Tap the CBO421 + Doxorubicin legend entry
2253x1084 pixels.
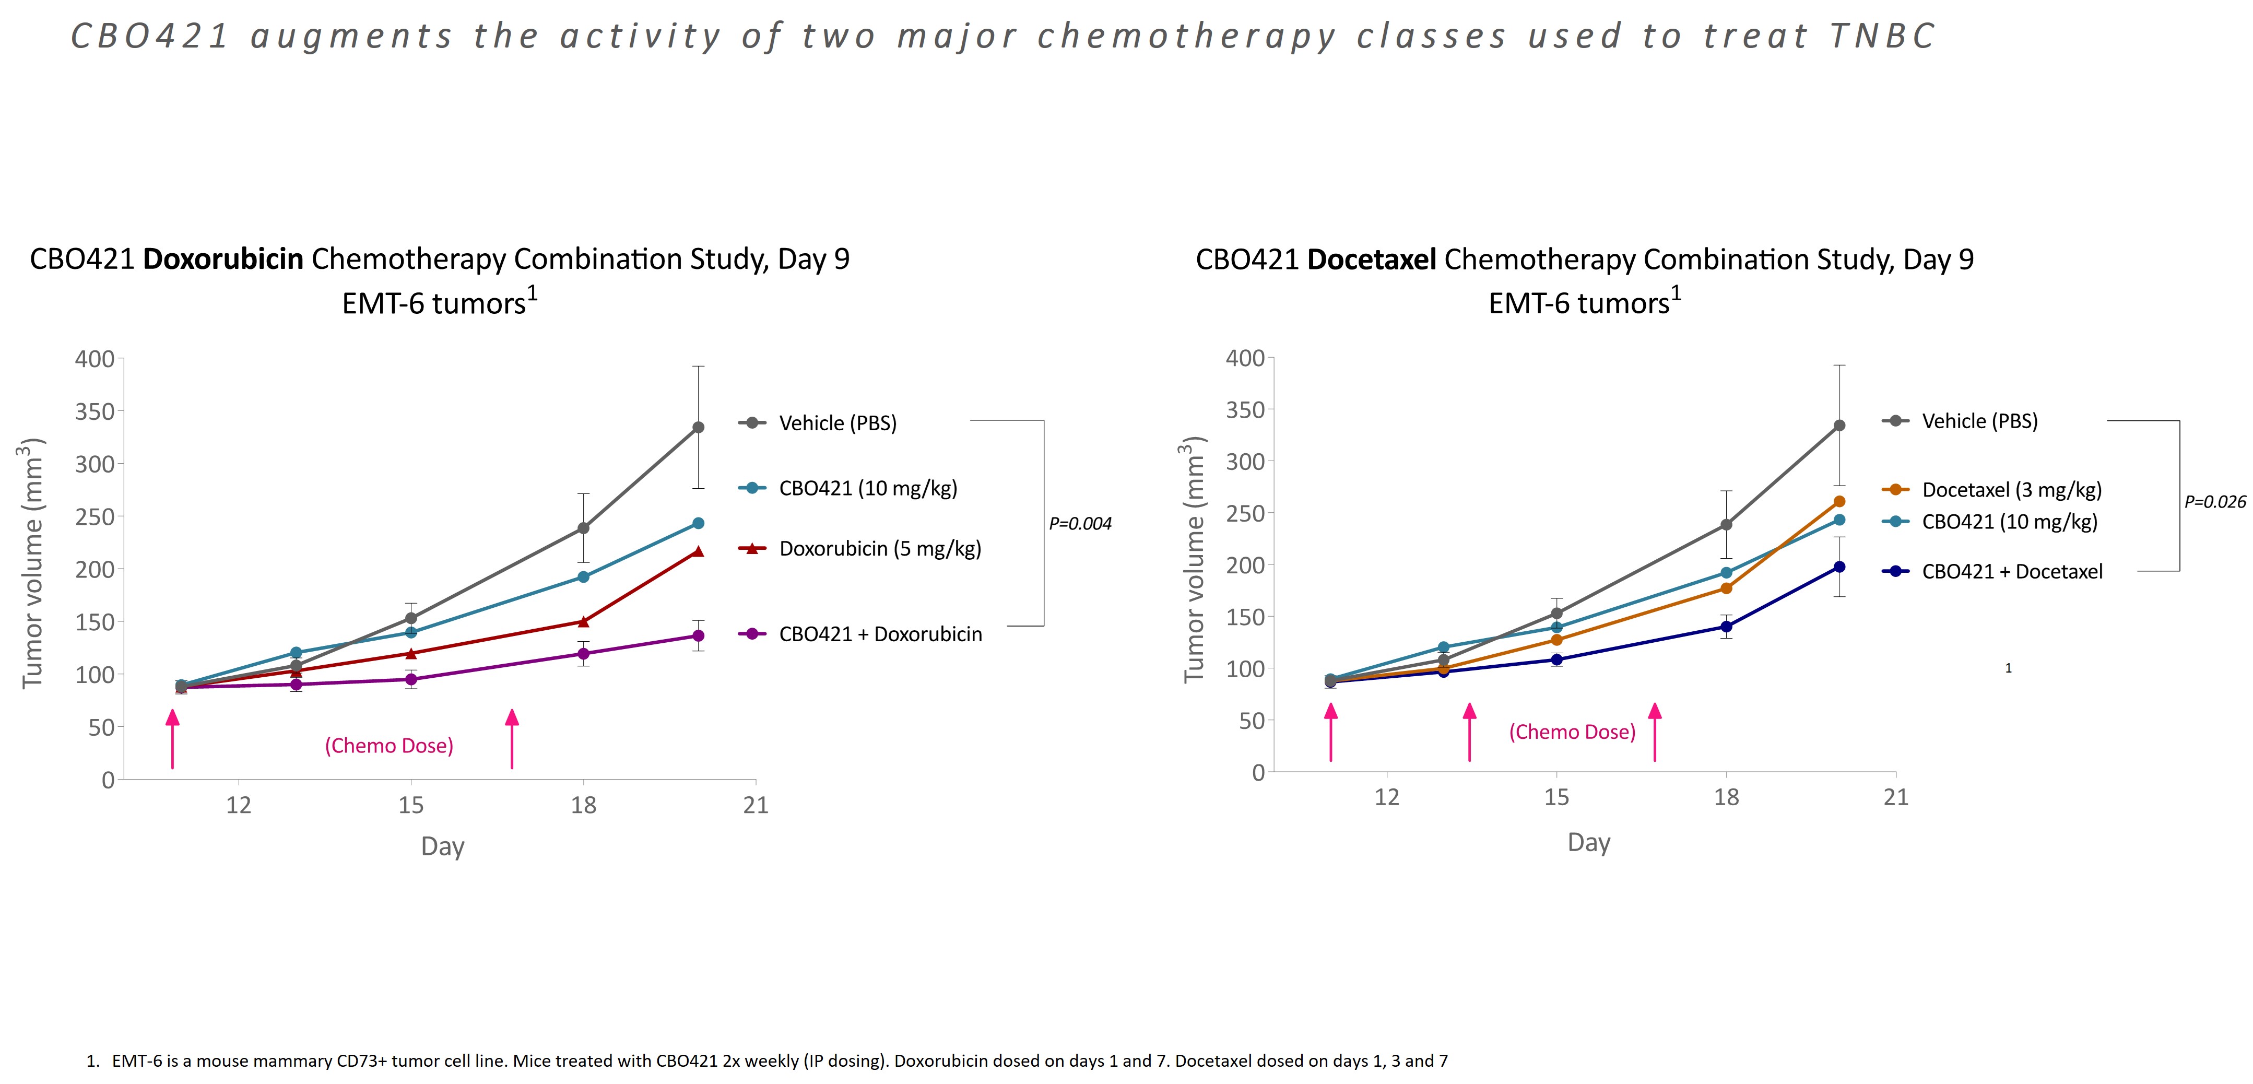(x=880, y=634)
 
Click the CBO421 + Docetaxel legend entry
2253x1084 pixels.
(x=2012, y=571)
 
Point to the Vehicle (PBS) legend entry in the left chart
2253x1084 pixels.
(x=837, y=423)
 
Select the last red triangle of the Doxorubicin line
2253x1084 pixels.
(x=698, y=551)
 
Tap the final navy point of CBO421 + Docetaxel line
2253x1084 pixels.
(x=1839, y=567)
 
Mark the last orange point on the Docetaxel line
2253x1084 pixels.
(x=1839, y=501)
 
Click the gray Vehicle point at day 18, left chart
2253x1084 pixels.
(x=583, y=528)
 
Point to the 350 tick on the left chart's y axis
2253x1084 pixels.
(x=95, y=411)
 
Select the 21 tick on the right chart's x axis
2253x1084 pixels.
(x=1895, y=797)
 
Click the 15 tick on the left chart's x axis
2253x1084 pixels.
(x=411, y=805)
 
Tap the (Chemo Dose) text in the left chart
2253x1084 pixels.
(x=389, y=746)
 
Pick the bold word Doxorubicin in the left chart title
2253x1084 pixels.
(x=223, y=259)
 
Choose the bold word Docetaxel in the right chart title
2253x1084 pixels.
(x=1372, y=259)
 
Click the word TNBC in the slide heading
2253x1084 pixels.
(x=1882, y=37)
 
